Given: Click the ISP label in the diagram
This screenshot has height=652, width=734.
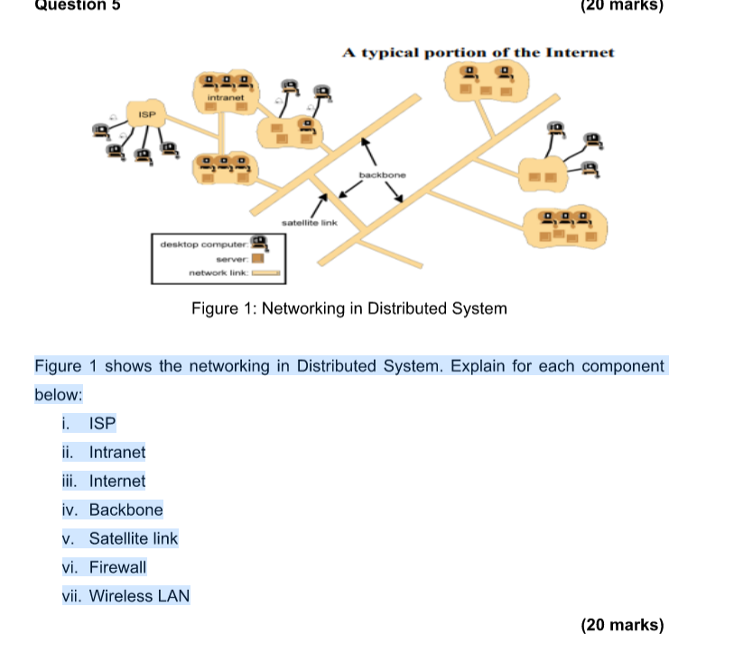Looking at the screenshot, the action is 146,115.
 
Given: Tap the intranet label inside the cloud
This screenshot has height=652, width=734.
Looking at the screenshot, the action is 226,97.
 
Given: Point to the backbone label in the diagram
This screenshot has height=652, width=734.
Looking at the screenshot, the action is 383,175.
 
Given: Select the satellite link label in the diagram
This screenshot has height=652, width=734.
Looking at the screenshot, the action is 310,223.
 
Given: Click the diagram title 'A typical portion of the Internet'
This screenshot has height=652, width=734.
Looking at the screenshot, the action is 478,52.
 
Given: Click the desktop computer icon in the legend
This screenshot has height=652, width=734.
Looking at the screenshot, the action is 259,243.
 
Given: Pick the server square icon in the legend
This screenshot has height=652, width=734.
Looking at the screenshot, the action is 258,259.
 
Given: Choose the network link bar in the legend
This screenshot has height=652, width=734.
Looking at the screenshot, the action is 266,272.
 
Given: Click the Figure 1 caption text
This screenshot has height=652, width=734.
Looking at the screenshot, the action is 349,308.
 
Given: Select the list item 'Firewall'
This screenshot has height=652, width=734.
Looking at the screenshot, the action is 117,567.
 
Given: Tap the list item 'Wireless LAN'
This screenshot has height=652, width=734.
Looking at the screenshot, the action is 140,596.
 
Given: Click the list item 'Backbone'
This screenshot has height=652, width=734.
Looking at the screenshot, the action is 125,510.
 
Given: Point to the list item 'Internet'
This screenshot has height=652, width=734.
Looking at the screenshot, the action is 117,481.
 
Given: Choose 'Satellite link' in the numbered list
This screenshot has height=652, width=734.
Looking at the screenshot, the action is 134,538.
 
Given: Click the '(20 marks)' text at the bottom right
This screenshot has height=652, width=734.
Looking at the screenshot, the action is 622,625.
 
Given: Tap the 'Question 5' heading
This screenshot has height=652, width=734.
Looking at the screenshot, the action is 78,5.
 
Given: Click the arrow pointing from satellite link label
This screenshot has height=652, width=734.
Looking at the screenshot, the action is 319,207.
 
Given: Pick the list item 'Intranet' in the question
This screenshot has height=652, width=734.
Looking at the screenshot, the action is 117,453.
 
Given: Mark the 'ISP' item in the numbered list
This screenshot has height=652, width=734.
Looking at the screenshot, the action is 102,423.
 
